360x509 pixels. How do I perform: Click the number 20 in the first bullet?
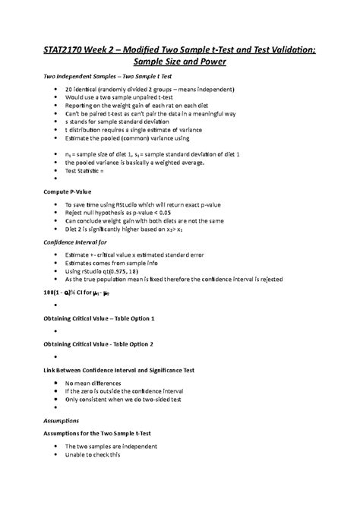point(69,90)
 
